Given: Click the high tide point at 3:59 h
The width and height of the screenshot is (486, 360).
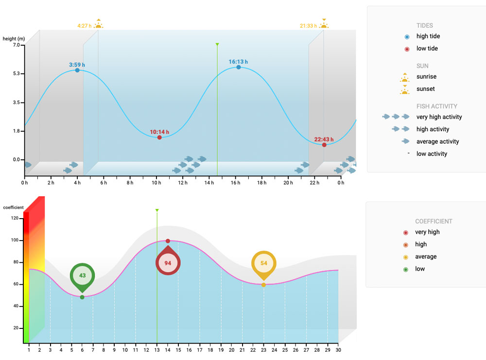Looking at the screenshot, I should click(x=77, y=70).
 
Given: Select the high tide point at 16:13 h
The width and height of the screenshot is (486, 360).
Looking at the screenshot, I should click(x=239, y=67).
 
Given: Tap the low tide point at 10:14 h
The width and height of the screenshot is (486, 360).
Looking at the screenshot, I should click(x=159, y=137).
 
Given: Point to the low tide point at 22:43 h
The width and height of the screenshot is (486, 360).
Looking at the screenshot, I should click(x=324, y=145).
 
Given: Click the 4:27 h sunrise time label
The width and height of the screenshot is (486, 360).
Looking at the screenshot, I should click(x=84, y=26).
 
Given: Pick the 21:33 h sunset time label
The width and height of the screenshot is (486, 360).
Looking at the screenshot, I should click(x=308, y=26).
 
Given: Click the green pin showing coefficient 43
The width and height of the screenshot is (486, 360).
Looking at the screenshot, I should click(x=82, y=275).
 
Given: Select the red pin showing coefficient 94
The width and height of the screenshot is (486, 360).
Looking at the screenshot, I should click(x=168, y=263).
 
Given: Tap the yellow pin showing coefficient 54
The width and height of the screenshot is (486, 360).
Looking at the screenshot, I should click(x=264, y=263).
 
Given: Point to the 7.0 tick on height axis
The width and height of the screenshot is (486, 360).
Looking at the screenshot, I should click(x=16, y=45).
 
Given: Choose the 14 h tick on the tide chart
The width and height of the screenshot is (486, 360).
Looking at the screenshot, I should click(x=209, y=183).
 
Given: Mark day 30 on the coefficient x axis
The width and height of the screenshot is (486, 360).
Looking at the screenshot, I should click(x=338, y=350).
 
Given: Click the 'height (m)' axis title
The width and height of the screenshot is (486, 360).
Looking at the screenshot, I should click(x=14, y=39).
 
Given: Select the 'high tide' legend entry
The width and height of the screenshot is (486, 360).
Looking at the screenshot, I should click(x=428, y=36).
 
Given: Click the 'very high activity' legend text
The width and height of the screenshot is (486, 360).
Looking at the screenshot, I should click(x=439, y=117).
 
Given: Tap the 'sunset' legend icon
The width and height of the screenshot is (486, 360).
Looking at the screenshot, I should click(x=405, y=89).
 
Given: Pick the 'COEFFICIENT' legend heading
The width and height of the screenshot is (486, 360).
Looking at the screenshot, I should click(x=434, y=222).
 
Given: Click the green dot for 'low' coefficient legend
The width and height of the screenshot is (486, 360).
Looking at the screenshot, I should click(x=405, y=269).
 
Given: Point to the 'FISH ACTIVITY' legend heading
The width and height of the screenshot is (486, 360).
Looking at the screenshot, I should click(x=436, y=106).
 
